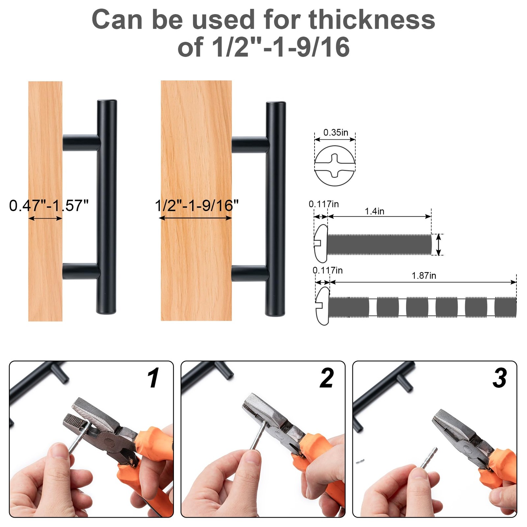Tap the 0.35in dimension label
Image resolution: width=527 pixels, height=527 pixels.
click(335, 132)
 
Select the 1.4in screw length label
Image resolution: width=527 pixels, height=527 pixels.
click(374, 211)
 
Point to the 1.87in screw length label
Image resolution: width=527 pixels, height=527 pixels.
click(424, 275)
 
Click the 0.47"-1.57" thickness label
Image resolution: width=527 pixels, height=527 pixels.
click(49, 206)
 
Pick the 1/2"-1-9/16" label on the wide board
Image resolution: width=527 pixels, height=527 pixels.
click(197, 206)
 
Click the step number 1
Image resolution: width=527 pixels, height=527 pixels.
click(153, 378)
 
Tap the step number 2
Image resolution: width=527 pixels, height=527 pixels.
click(326, 378)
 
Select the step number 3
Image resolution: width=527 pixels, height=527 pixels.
click(499, 378)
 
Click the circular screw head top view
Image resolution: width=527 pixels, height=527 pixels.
click(335, 166)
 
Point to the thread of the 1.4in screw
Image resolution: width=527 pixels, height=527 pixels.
click(379, 244)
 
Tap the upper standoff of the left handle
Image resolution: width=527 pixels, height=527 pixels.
click(81, 143)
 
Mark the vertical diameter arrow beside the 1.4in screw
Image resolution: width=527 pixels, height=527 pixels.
click(438, 244)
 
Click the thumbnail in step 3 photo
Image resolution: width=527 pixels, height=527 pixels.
click(419, 474)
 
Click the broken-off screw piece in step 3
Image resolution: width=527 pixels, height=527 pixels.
click(360, 461)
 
